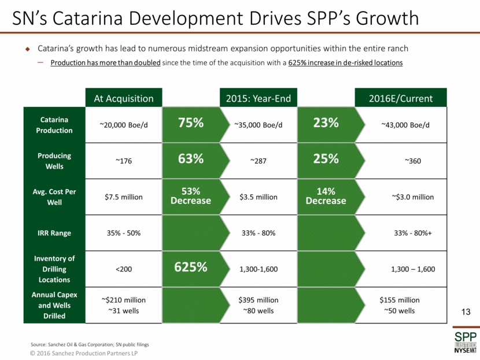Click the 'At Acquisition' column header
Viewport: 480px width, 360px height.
(x=124, y=98)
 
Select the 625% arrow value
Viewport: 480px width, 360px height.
(x=190, y=268)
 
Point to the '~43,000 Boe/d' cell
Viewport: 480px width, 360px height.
(x=405, y=125)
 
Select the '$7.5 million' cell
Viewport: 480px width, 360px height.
(x=124, y=197)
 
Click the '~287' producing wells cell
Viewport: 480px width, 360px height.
(x=258, y=161)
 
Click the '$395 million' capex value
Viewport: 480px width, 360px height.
(x=258, y=300)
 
